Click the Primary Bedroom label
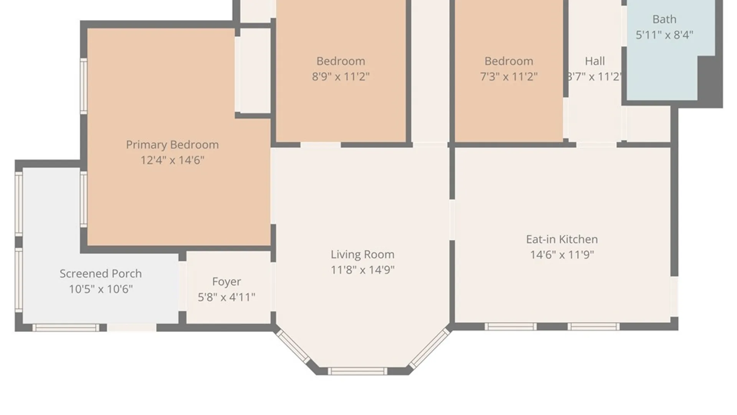(172, 145)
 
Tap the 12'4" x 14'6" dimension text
(172, 160)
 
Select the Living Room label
(363, 254)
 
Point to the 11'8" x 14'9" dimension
(363, 270)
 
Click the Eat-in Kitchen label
(562, 239)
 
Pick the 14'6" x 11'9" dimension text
(562, 255)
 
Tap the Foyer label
(226, 282)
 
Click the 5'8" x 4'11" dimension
(226, 297)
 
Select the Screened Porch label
(101, 274)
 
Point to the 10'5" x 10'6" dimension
(101, 289)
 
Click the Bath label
(664, 19)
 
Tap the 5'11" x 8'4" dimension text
(664, 35)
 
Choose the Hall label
(595, 61)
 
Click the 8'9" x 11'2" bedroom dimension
(340, 76)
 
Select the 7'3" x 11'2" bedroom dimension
(509, 76)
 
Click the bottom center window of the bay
(357, 371)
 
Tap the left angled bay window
(293, 347)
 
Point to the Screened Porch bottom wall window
(66, 328)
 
